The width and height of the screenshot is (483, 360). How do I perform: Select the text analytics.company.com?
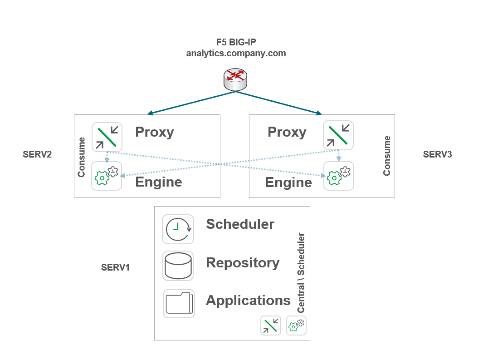[x=236, y=53]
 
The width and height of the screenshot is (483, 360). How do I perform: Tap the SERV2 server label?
[x=37, y=154]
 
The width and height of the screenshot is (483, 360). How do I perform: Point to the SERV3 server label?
[x=437, y=154]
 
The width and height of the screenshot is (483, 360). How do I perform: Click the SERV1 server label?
[x=115, y=267]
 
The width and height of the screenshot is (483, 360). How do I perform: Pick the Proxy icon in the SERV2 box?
[x=107, y=136]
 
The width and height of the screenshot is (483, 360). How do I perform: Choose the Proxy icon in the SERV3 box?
[x=338, y=135]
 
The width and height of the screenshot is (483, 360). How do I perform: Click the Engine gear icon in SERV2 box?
[x=107, y=176]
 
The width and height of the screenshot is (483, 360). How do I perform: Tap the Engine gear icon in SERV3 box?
[x=338, y=176]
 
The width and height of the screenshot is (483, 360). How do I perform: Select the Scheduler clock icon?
[x=178, y=229]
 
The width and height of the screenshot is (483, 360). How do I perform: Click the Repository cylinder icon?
[x=178, y=266]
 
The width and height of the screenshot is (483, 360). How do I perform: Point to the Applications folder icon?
[x=179, y=303]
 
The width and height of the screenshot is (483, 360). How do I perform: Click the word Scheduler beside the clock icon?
[x=240, y=224]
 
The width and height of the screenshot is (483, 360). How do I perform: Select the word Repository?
[x=243, y=263]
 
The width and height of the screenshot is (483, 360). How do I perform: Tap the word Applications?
[x=248, y=300]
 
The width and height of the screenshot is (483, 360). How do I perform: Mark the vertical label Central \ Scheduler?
[x=301, y=273]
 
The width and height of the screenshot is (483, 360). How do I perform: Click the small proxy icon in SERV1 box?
[x=271, y=325]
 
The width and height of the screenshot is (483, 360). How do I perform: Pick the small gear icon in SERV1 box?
[x=296, y=325]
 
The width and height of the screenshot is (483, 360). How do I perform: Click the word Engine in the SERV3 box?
[x=288, y=182]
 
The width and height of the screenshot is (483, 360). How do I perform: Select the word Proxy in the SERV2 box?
[x=155, y=132]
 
